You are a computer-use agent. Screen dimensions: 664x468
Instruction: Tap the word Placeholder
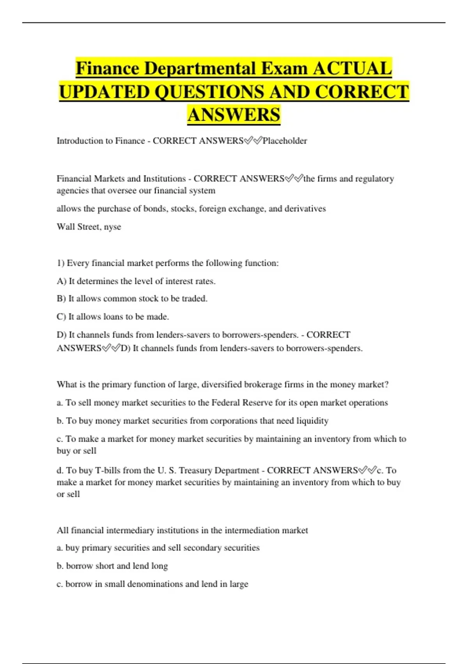tap(285, 141)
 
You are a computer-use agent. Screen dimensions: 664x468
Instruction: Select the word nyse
tap(112, 227)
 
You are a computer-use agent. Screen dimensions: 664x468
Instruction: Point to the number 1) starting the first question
tap(60, 263)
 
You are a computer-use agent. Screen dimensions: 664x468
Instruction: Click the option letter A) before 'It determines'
tap(61, 281)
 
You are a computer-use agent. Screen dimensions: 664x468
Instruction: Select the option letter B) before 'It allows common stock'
tap(61, 299)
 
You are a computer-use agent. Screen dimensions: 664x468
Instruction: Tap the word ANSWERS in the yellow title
tap(234, 115)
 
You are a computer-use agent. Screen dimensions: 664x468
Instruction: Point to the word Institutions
tap(164, 179)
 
